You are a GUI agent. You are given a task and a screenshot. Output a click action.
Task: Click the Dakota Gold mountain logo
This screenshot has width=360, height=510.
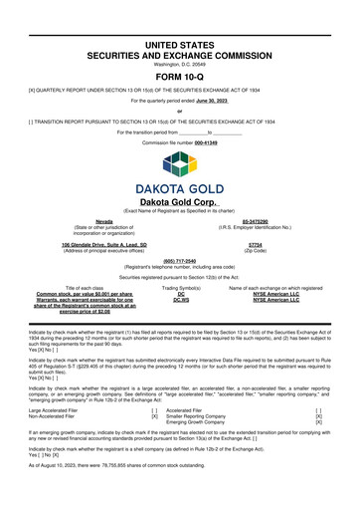coord(180,157)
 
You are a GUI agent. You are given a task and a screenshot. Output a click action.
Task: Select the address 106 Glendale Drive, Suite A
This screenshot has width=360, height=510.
coord(104,243)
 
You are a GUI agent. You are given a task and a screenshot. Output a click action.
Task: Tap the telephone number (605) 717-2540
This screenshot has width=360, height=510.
coord(179,262)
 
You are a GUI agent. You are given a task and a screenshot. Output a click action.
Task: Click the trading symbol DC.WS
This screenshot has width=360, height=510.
coord(181,301)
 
